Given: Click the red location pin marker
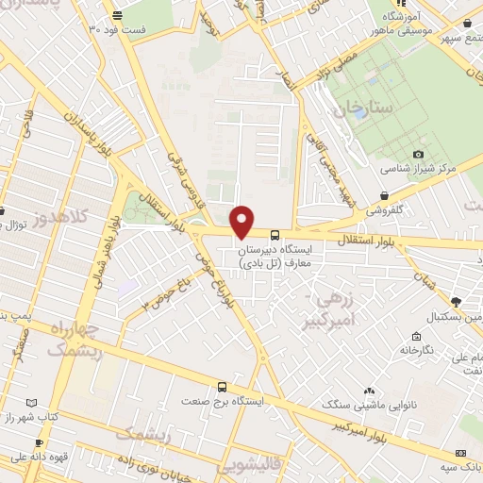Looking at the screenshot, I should (242, 222).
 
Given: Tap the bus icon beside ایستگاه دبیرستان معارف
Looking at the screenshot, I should (275, 234).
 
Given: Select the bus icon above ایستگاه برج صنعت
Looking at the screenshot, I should (222, 387).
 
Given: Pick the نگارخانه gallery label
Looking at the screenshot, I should (415, 350).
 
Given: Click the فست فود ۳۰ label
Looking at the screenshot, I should (118, 29).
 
